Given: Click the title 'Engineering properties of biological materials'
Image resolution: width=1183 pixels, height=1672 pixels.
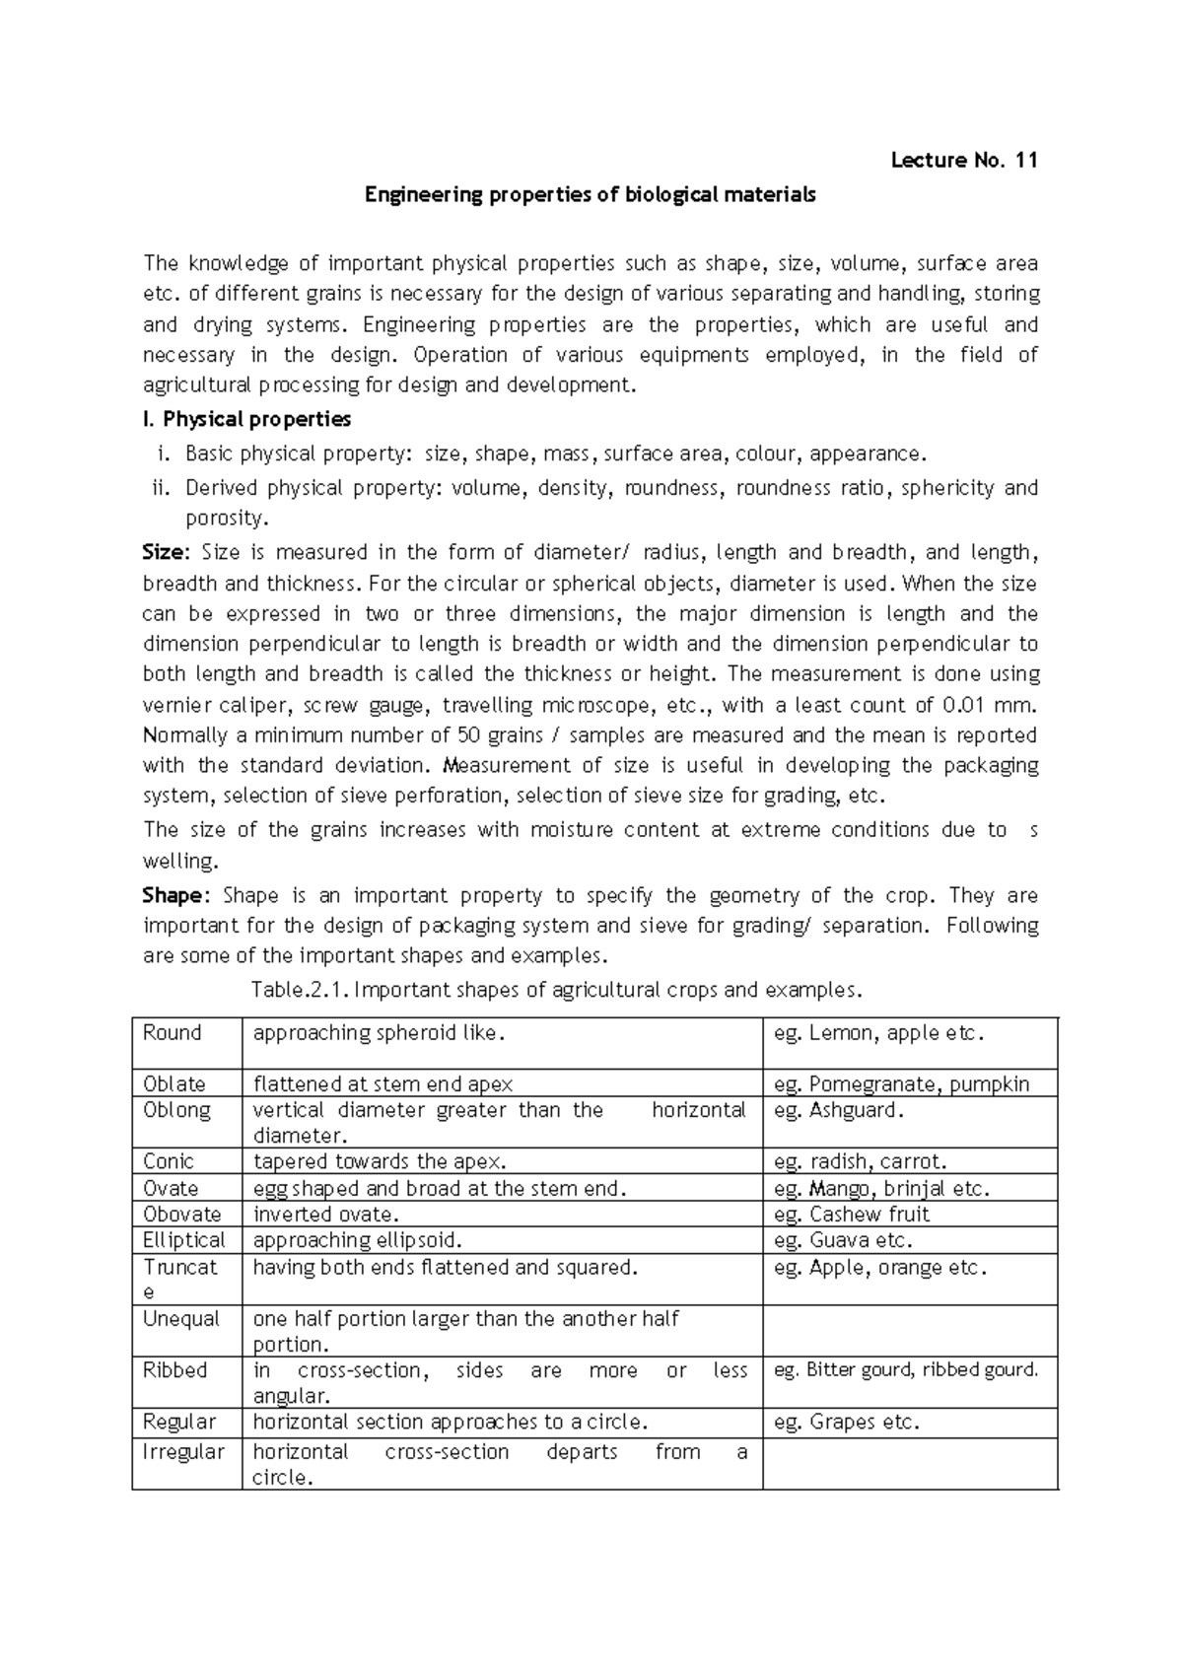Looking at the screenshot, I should [591, 195].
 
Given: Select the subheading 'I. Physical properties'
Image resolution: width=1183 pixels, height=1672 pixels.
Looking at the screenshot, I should [246, 419].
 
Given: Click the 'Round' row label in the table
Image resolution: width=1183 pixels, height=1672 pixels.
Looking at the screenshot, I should [173, 1033].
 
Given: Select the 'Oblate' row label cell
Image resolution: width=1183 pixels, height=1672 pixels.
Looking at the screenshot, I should [174, 1083].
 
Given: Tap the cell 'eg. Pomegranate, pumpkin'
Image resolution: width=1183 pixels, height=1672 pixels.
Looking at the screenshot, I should [901, 1083].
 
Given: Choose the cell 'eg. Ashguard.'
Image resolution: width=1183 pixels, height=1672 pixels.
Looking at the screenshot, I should [839, 1110].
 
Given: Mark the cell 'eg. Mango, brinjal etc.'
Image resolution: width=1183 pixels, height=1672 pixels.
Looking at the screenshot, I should [881, 1188].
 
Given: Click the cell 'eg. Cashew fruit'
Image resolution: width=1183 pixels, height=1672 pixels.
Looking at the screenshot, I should [852, 1215].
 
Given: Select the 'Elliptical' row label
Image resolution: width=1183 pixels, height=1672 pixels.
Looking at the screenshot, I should [184, 1240].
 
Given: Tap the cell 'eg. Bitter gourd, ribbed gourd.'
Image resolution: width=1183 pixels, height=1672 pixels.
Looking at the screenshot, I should [906, 1370].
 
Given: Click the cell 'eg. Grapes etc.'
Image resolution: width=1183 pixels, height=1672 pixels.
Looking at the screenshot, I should [846, 1422].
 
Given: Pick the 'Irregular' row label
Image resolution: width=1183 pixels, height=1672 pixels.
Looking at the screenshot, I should [183, 1452].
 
